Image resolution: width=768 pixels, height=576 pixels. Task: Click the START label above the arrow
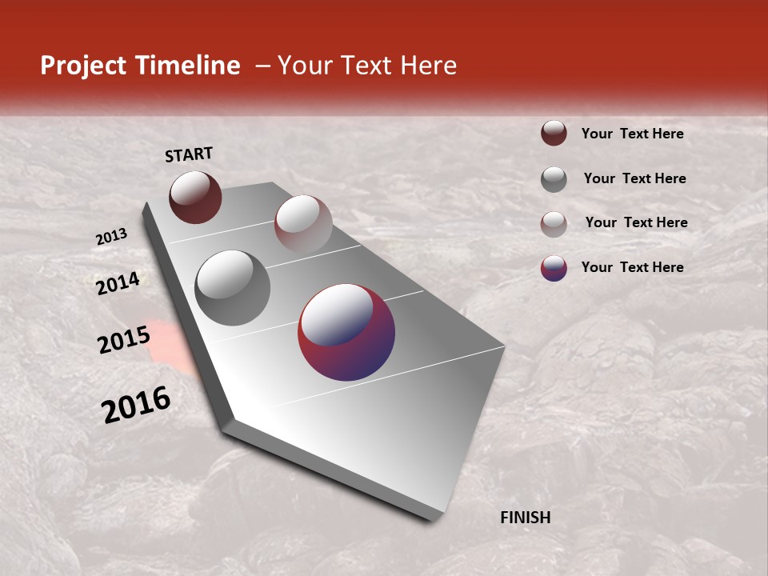click(x=189, y=154)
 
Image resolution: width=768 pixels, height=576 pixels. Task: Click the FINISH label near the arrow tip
click(x=525, y=518)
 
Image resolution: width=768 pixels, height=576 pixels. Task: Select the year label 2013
click(x=112, y=237)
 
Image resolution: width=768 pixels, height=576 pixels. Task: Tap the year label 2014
click(x=118, y=283)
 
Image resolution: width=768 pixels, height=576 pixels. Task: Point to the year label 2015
click(x=123, y=339)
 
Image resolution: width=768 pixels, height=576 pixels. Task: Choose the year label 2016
click(x=136, y=404)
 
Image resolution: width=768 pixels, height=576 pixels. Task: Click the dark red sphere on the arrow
click(x=195, y=197)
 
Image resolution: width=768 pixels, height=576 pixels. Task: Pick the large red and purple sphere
click(x=346, y=332)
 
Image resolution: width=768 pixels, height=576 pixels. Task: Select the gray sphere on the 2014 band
click(x=232, y=288)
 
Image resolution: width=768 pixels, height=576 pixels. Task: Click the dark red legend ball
click(x=554, y=134)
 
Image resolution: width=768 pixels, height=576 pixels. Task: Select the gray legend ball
click(x=554, y=179)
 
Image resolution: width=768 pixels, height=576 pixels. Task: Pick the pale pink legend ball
click(x=554, y=224)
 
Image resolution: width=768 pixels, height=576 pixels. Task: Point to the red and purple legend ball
click(x=554, y=268)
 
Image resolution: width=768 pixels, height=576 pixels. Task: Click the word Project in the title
click(x=84, y=66)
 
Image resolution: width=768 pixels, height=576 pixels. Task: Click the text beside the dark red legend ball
click(x=632, y=134)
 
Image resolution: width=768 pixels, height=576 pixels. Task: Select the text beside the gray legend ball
click(x=634, y=178)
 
